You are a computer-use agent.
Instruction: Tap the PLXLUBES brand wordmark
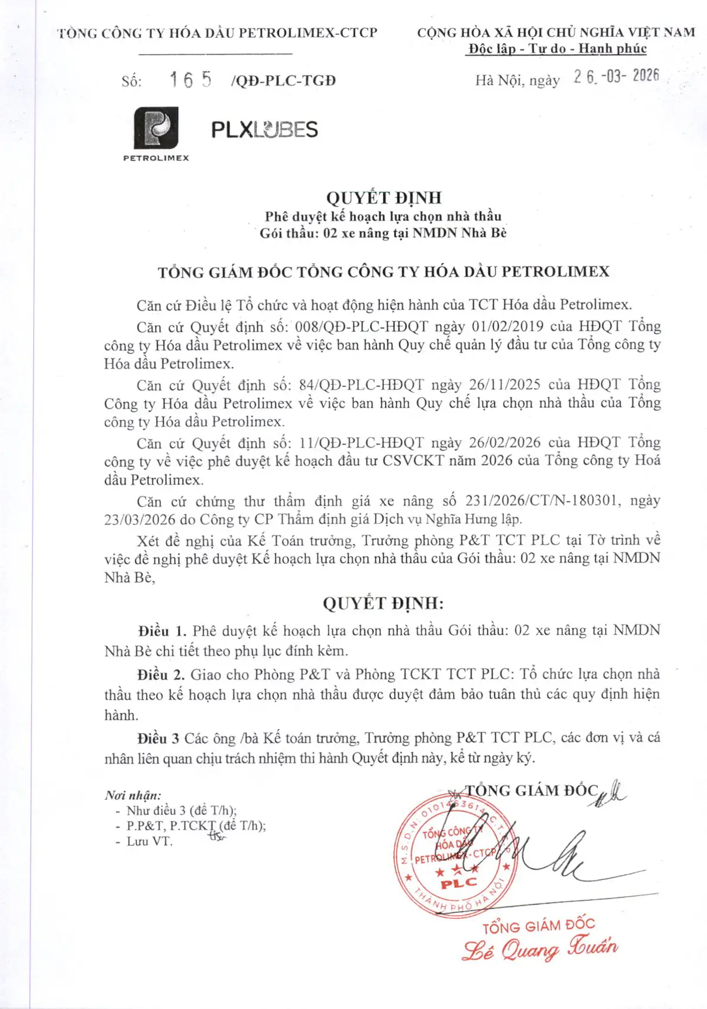click(265, 129)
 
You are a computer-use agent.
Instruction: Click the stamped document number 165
click(190, 80)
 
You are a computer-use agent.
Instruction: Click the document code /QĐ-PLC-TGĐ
click(284, 81)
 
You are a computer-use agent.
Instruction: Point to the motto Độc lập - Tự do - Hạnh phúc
click(556, 49)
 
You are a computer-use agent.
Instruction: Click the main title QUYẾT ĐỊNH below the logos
click(384, 198)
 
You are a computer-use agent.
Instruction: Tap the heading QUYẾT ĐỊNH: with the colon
click(383, 604)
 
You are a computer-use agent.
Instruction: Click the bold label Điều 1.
click(162, 631)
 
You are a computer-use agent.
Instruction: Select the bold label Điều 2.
click(161, 675)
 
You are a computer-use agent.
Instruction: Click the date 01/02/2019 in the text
click(508, 326)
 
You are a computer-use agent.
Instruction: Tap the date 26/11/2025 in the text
click(505, 385)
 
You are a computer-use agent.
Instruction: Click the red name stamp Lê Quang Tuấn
click(540, 948)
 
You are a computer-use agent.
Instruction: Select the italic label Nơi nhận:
click(133, 795)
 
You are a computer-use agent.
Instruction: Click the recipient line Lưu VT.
click(149, 842)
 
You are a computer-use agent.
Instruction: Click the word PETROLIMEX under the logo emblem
click(156, 158)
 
